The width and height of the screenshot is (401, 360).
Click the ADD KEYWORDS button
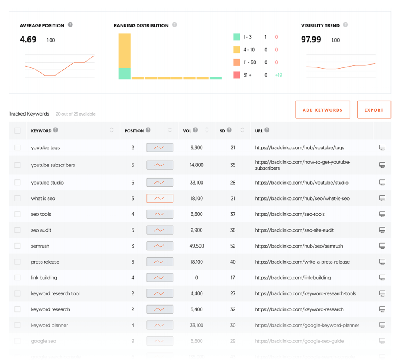[x=322, y=110]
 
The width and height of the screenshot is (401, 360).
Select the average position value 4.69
[x=28, y=40]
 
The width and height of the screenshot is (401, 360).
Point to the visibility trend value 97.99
[x=311, y=40]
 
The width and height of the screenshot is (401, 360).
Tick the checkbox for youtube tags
[x=18, y=148]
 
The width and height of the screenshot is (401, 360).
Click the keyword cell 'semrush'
[x=40, y=246]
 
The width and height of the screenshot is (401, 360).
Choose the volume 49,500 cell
[x=196, y=246]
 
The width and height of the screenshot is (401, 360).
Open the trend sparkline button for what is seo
[x=160, y=199]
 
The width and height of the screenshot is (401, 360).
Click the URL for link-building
[x=293, y=278]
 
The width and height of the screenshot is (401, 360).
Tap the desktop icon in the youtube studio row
[x=382, y=183]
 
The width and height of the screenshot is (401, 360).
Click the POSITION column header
[x=134, y=131]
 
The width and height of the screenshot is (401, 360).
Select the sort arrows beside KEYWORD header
[x=112, y=130]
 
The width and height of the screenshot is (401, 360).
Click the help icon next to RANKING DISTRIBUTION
[x=175, y=25]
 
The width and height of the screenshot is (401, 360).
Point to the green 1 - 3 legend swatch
[x=237, y=37]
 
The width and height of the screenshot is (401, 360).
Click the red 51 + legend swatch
[x=237, y=75]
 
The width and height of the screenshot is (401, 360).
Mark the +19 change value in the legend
[x=278, y=75]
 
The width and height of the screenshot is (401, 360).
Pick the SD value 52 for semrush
[x=233, y=246]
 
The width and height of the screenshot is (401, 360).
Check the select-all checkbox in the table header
[x=18, y=130]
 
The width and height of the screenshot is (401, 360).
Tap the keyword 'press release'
[x=45, y=262]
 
